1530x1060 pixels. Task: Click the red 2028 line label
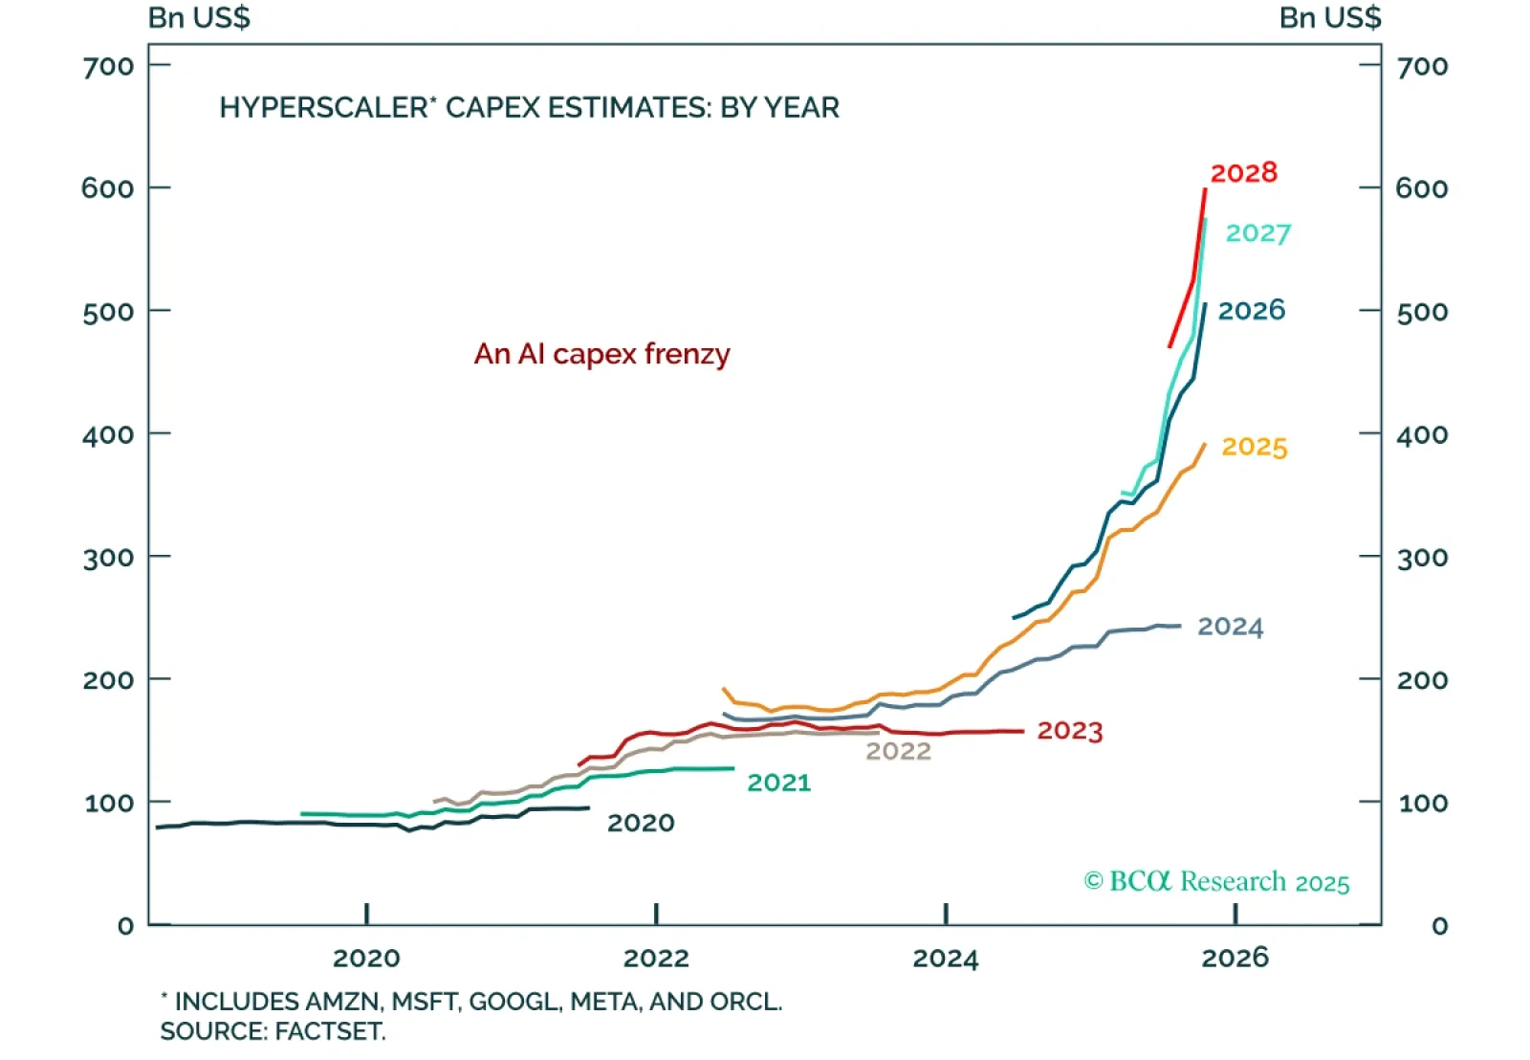coord(1243,173)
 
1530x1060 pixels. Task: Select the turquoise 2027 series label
coord(1257,233)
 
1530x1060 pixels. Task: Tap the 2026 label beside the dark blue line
coord(1251,311)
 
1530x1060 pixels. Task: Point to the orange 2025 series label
coord(1254,447)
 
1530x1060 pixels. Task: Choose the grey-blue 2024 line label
coord(1230,627)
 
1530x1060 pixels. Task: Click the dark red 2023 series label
coord(1069,731)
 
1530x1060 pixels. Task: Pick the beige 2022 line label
coord(898,751)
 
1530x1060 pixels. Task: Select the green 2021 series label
coord(778,783)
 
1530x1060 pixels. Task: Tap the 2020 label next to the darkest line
coord(641,823)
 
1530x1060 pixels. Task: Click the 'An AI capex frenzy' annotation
coord(601,354)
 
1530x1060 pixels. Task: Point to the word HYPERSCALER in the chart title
coord(322,107)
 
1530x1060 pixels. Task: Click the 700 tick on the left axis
coord(108,66)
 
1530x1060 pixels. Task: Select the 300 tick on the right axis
coord(1422,558)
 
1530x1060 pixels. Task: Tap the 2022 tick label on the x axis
coord(656,958)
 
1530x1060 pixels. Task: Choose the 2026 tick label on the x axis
coord(1235,958)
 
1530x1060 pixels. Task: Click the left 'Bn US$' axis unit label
coord(199,18)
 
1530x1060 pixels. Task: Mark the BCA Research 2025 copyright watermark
coord(1216,881)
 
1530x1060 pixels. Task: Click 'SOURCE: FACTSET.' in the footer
coord(273,1031)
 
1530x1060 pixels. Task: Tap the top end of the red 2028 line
coord(1205,190)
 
